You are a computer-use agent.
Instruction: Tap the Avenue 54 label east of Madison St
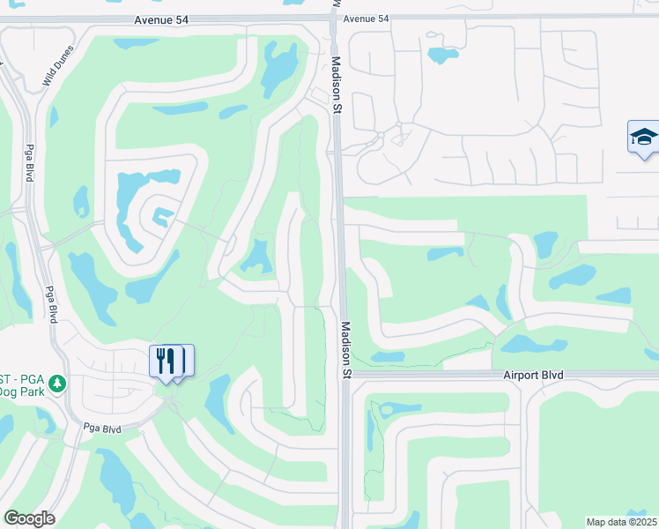click(x=366, y=19)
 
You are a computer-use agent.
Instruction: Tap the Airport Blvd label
click(x=533, y=375)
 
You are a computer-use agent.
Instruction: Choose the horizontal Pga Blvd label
click(x=101, y=428)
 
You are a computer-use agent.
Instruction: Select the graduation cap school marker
click(x=643, y=138)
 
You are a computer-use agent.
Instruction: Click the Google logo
click(x=29, y=518)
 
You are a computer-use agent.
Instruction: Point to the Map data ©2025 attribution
click(x=621, y=522)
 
